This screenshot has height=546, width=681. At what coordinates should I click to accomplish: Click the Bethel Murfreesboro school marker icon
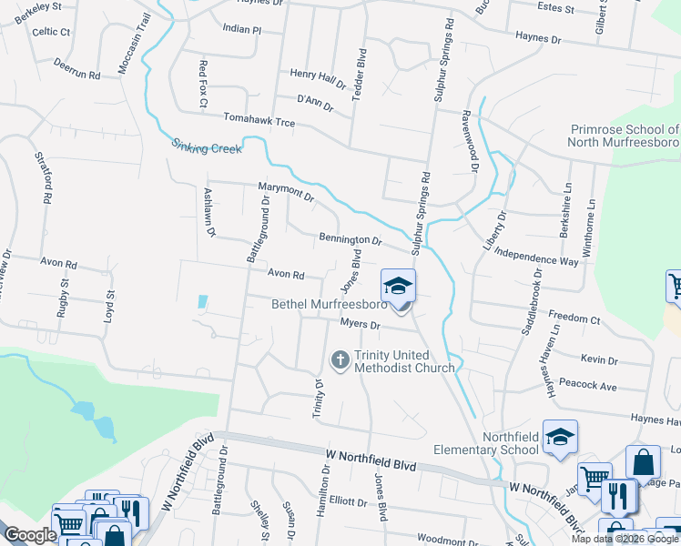tap(397, 286)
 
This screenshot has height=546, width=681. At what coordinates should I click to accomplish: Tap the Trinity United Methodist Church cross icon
tap(340, 360)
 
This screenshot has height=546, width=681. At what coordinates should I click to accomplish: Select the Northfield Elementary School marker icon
tap(560, 437)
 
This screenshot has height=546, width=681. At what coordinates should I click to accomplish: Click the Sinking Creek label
tap(207, 146)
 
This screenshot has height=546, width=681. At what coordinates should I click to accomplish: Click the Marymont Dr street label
tap(285, 191)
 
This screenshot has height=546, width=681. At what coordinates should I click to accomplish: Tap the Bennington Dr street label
tap(351, 239)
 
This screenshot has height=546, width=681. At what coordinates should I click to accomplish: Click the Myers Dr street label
tap(360, 323)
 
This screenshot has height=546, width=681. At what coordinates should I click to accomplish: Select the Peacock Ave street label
tap(587, 386)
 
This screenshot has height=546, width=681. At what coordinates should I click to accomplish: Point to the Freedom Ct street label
tap(575, 319)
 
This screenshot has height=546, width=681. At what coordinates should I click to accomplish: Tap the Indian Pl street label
tap(242, 29)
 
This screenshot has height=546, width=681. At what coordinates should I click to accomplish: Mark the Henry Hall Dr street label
tap(318, 77)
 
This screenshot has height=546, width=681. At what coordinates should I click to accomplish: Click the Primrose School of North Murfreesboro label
tap(623, 136)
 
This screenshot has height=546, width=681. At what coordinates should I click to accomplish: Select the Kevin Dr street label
tap(599, 360)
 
